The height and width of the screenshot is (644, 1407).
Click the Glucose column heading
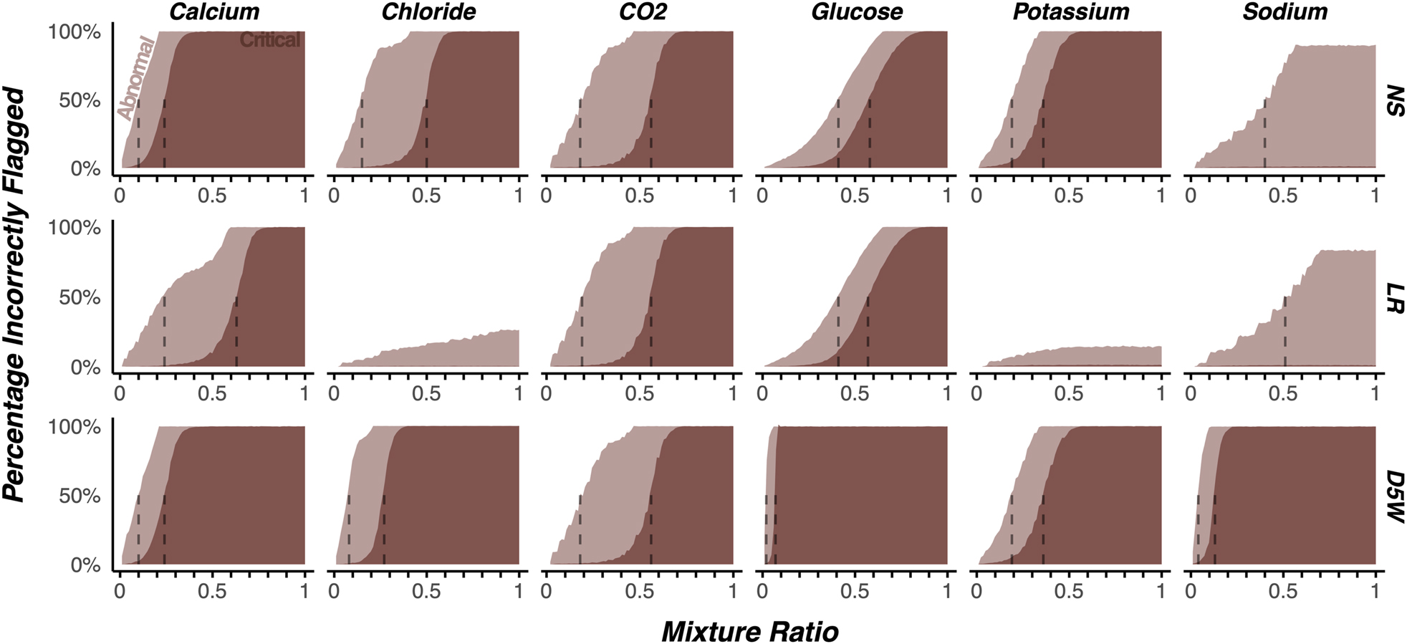pos(856,12)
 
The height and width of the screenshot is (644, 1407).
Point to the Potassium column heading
pos(1070,12)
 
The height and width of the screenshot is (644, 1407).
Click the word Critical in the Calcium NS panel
pos(269,40)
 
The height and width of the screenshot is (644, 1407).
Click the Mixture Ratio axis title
pos(749,632)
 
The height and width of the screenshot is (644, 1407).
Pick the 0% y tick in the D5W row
pos(85,565)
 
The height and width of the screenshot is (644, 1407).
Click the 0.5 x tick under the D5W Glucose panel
pos(854,591)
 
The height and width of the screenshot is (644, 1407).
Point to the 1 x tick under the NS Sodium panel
pos(1374,195)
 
